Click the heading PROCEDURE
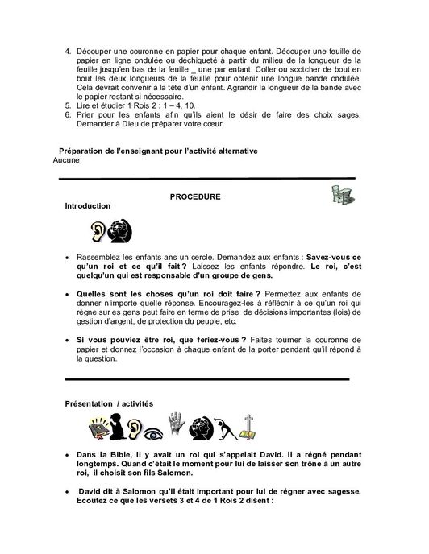194,196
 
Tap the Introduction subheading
87,207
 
